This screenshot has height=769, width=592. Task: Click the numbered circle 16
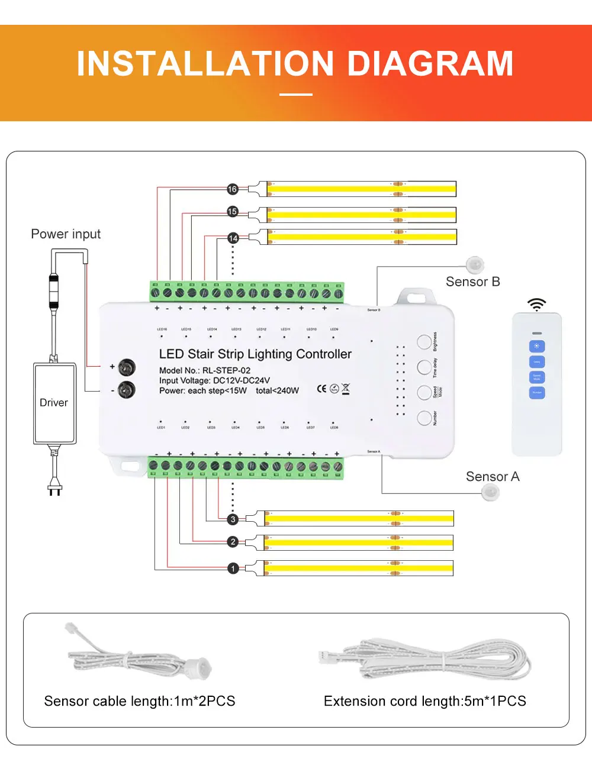pyautogui.click(x=232, y=189)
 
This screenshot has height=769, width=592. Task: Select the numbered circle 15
pyautogui.click(x=232, y=211)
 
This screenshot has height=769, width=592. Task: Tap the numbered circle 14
pyautogui.click(x=233, y=238)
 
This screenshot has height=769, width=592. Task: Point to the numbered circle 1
pyautogui.click(x=233, y=568)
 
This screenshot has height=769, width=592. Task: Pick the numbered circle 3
pyautogui.click(x=233, y=519)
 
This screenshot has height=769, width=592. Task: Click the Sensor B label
pyautogui.click(x=472, y=282)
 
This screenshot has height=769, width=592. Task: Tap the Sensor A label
pyautogui.click(x=492, y=477)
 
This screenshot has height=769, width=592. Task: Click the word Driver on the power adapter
pyautogui.click(x=54, y=403)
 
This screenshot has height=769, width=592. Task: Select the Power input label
pyautogui.click(x=66, y=234)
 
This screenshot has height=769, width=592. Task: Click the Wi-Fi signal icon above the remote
pyautogui.click(x=537, y=305)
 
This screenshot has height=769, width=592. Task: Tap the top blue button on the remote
pyautogui.click(x=536, y=347)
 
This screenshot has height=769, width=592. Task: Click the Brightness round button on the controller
pyautogui.click(x=424, y=342)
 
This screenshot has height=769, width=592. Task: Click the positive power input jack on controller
pyautogui.click(x=127, y=367)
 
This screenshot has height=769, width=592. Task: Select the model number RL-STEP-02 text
pyautogui.click(x=227, y=370)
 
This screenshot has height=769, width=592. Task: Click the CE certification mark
pyautogui.click(x=321, y=389)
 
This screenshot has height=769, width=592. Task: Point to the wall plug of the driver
pyautogui.click(x=54, y=489)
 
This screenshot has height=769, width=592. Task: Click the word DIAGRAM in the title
pyautogui.click(x=430, y=64)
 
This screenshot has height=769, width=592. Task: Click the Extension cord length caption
pyautogui.click(x=424, y=701)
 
